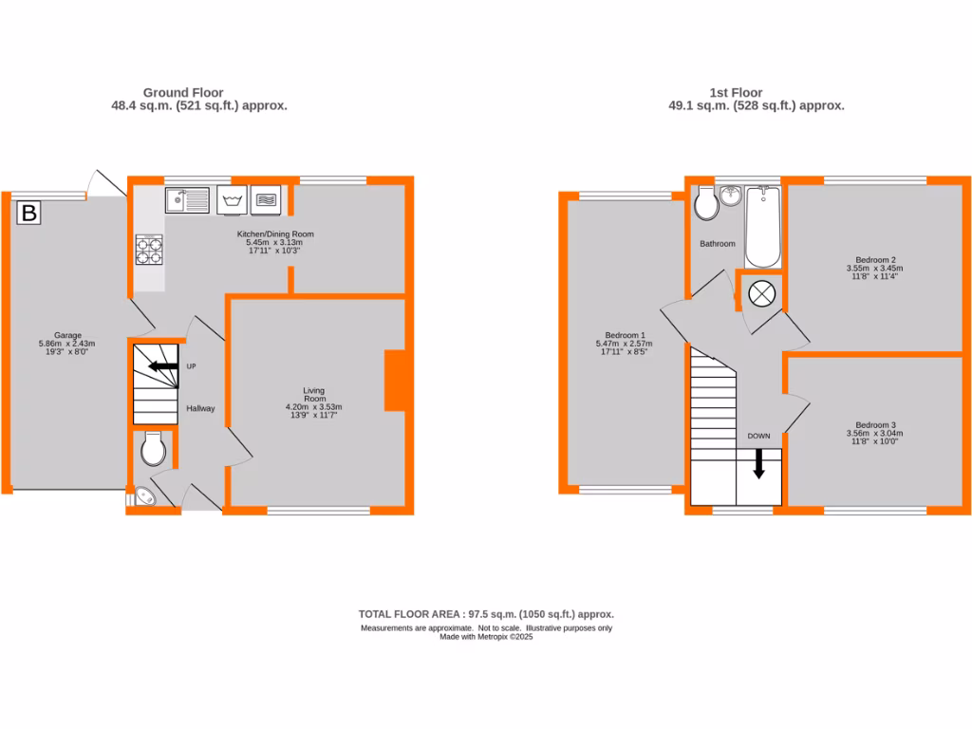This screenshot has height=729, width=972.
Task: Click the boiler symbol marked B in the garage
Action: click(x=29, y=214)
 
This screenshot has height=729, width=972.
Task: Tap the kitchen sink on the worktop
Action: click(x=187, y=200)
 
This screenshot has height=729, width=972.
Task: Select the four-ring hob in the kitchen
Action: click(x=149, y=249)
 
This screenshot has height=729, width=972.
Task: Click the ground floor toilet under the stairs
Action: click(x=154, y=448)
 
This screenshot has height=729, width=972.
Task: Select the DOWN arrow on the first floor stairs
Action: click(x=758, y=464)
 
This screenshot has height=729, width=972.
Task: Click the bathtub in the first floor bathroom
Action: click(x=762, y=228)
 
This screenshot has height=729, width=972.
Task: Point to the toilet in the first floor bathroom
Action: click(x=705, y=202)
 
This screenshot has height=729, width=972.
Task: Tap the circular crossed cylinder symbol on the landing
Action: click(x=761, y=292)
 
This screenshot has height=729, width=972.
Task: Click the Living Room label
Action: click(x=313, y=395)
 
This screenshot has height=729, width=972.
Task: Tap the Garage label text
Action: click(x=66, y=335)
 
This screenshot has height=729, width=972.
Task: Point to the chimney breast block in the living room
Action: click(x=395, y=381)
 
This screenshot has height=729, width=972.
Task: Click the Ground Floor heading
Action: click(x=183, y=93)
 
